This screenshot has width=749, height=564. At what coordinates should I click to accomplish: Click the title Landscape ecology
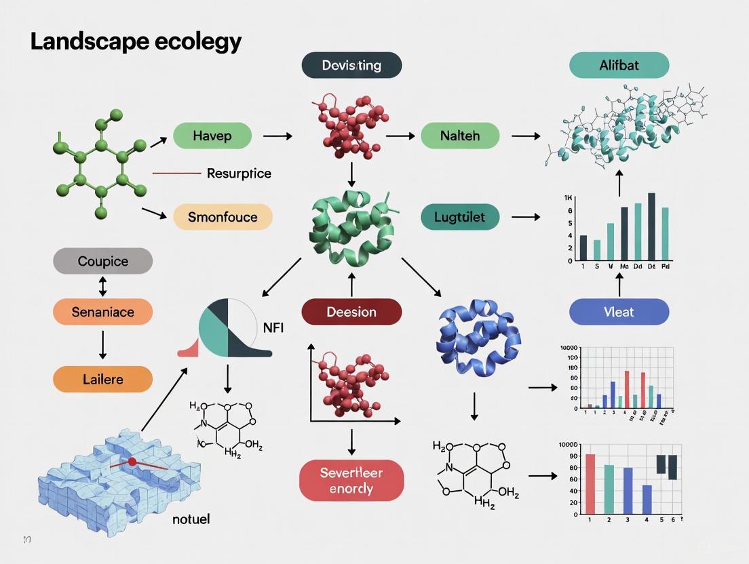click(x=136, y=42)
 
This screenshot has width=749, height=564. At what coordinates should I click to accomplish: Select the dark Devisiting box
click(x=351, y=66)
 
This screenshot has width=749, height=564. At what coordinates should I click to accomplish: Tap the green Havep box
click(x=212, y=136)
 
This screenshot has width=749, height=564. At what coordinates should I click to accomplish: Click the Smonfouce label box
click(x=223, y=217)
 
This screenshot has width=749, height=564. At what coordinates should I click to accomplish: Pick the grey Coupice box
click(x=102, y=261)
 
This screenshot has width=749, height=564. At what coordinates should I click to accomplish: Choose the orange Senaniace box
click(x=102, y=313)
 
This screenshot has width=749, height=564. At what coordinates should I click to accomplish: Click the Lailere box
click(x=102, y=379)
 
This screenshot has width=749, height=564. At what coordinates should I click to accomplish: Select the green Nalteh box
click(x=460, y=136)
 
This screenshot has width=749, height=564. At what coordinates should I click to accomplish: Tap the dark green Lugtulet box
click(x=460, y=218)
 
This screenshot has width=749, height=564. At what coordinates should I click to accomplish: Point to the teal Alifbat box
click(x=619, y=66)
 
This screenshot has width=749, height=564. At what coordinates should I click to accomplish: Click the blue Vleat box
click(x=619, y=312)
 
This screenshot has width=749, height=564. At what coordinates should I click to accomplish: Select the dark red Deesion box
click(x=351, y=312)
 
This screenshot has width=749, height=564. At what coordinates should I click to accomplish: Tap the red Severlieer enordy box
click(x=351, y=480)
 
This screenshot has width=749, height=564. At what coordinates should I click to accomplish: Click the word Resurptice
click(x=239, y=174)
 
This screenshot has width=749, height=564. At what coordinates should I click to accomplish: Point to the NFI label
click(x=273, y=327)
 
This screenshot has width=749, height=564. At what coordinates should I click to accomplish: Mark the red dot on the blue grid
click(x=132, y=462)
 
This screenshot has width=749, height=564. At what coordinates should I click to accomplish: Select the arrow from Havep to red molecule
click(x=277, y=136)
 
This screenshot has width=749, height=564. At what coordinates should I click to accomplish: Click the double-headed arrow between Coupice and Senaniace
click(x=102, y=287)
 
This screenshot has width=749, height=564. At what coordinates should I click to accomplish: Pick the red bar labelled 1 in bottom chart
click(x=590, y=484)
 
